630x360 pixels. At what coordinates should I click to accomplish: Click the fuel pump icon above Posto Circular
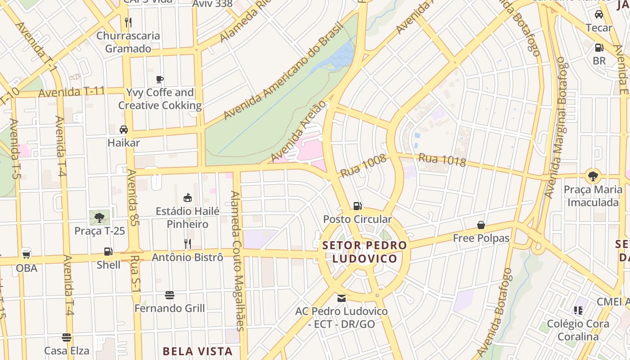point(358,206)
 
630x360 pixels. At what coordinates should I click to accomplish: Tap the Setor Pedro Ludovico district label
point(365,252)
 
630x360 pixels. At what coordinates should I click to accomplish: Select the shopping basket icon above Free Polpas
point(481,225)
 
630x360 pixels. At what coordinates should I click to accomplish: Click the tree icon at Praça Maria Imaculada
point(593,176)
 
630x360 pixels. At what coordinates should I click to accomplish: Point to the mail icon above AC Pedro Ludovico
point(342,298)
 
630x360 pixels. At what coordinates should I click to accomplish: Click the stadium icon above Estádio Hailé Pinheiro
point(188,198)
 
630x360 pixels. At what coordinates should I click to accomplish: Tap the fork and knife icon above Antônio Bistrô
point(188,244)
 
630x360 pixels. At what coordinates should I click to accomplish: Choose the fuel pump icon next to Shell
point(108,252)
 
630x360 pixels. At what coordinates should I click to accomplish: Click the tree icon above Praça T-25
point(99,218)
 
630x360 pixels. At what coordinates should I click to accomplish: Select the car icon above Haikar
point(124,130)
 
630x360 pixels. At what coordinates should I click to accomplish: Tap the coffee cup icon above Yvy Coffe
point(160,80)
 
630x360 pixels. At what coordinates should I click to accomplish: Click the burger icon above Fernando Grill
point(170,295)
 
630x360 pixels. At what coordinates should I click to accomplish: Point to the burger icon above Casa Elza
point(67,337)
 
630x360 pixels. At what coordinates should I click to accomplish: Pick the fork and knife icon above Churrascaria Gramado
point(128,22)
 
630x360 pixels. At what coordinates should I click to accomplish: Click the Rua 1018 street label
point(442,160)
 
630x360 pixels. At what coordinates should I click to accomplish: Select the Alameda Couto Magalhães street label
point(237,261)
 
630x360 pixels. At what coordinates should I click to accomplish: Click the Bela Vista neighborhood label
point(198,351)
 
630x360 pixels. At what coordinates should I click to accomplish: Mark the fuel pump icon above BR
point(599,47)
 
